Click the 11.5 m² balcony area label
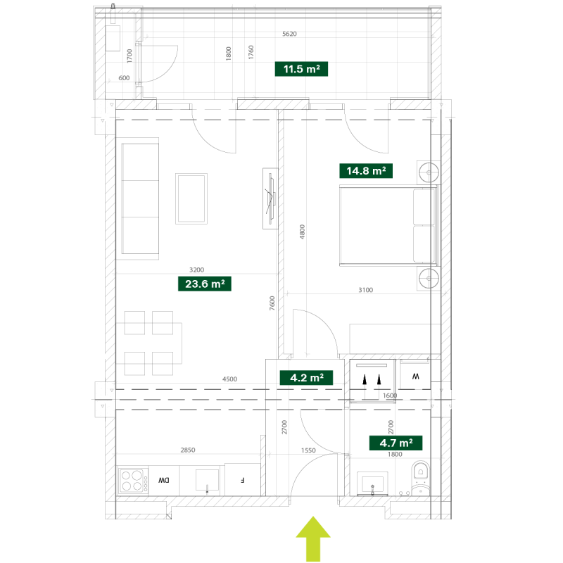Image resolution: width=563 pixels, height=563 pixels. pyautogui.click(x=301, y=68)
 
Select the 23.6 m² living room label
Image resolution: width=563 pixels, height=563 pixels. pyautogui.click(x=205, y=284)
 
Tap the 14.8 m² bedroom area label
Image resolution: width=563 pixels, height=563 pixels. pyautogui.click(x=366, y=170)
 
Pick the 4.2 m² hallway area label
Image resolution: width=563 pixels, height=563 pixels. pyautogui.click(x=306, y=378)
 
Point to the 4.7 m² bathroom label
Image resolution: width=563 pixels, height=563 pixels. pyautogui.click(x=396, y=443)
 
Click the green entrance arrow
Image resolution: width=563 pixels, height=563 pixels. pyautogui.click(x=313, y=539)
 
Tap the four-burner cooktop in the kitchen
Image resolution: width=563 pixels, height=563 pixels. pyautogui.click(x=133, y=481)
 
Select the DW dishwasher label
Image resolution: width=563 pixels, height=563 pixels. pyautogui.click(x=164, y=480)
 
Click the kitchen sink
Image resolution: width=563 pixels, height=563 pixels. pyautogui.click(x=207, y=481)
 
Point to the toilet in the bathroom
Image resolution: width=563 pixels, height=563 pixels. pyautogui.click(x=420, y=479)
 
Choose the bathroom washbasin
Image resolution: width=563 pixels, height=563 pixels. pyautogui.click(x=372, y=483)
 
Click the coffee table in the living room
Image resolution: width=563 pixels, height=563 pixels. pyautogui.click(x=191, y=198)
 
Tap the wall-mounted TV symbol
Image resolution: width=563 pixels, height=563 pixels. pyautogui.click(x=270, y=198)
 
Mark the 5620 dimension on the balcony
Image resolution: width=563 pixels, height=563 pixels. pyautogui.click(x=289, y=34)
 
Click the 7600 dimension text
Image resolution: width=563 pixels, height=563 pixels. pyautogui.click(x=272, y=303)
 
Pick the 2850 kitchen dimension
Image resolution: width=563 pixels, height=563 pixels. pyautogui.click(x=188, y=450)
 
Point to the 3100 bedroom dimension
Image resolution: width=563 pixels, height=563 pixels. pyautogui.click(x=365, y=290)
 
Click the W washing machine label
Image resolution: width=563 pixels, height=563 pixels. pyautogui.click(x=415, y=377)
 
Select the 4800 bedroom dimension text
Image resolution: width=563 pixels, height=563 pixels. pyautogui.click(x=302, y=232)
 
